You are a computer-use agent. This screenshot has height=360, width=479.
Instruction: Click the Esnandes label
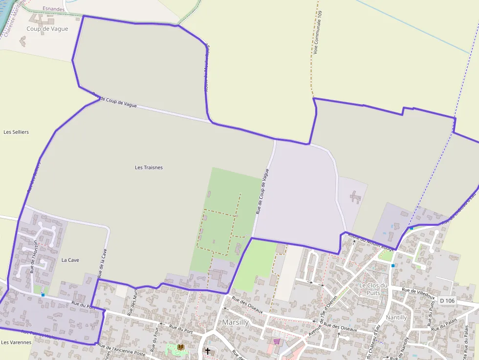pos(53,9)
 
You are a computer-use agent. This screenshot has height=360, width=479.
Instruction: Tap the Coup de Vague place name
pos(47,29)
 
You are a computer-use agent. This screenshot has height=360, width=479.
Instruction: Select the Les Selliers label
pos(16,132)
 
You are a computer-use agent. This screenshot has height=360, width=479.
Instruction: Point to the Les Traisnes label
pos(149,168)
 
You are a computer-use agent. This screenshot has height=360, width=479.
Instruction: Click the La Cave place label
pos(70,260)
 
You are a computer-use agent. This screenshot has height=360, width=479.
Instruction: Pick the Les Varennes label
pos(16,342)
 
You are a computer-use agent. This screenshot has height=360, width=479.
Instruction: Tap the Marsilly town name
pos(235,322)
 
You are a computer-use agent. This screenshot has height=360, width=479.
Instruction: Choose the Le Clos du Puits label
pos(373,289)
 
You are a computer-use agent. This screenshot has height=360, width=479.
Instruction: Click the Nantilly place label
pos(396,318)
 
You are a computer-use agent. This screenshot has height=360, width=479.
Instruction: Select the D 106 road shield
pos(447,300)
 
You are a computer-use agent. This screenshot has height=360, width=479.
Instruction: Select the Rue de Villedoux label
pos(418,293)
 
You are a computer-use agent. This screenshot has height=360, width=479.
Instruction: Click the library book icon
pos(180,347)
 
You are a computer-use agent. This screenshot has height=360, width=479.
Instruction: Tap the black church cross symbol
pos(207,351)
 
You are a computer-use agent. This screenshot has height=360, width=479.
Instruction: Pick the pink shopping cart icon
pos(277,341)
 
